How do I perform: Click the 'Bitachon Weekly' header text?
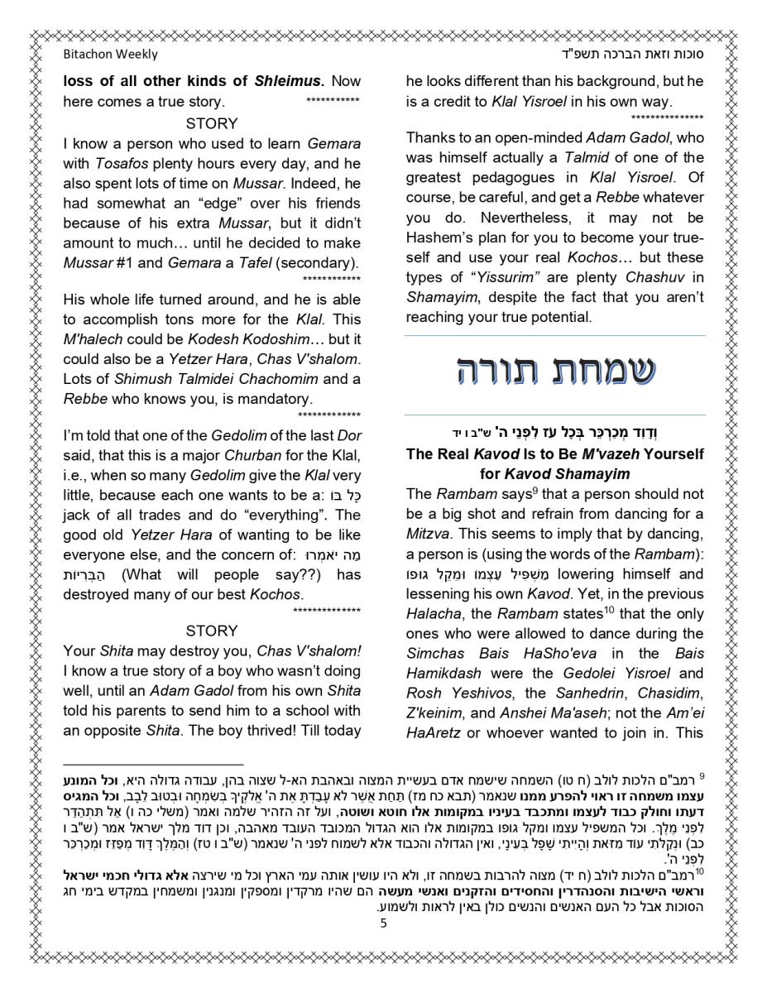click(110, 55)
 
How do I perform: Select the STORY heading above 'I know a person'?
click(212, 123)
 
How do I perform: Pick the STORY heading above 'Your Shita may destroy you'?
click(212, 631)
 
